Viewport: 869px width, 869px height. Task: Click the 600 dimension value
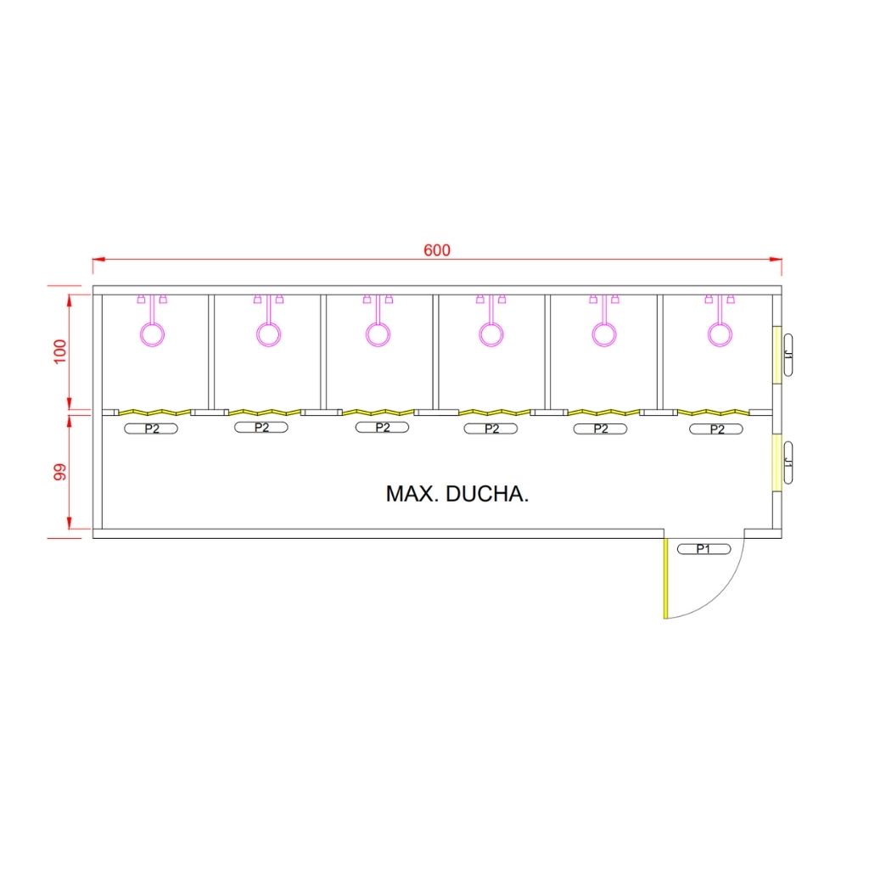437,250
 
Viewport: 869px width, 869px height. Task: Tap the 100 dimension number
60,351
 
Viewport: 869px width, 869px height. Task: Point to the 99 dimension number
60,472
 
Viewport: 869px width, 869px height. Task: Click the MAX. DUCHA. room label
457,494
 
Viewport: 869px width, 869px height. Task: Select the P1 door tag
704,549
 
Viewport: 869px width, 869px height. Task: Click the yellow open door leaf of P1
665,578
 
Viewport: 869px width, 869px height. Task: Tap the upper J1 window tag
788,356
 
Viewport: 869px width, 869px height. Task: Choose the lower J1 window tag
788,463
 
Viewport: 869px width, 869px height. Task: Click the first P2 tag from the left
151,429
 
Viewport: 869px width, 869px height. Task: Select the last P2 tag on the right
716,429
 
